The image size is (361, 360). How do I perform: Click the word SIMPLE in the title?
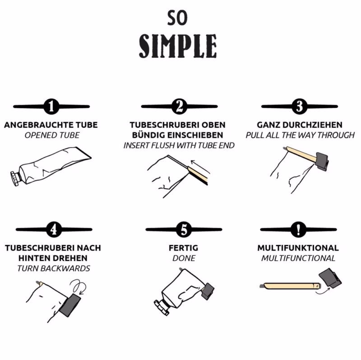[x=178, y=46]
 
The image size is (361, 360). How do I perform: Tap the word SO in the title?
[x=177, y=18]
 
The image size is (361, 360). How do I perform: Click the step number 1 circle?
[x=51, y=106]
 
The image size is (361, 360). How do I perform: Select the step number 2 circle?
[x=179, y=106]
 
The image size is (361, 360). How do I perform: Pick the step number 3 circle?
[x=300, y=106]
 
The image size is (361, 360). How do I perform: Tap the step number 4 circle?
[x=54, y=230]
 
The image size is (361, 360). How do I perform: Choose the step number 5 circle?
[x=184, y=230]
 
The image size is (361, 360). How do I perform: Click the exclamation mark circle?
[x=299, y=230]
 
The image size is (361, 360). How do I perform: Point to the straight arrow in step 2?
[x=200, y=166]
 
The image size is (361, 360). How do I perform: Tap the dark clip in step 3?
[x=322, y=162]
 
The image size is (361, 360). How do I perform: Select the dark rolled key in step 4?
[x=70, y=305]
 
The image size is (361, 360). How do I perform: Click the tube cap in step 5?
[x=162, y=308]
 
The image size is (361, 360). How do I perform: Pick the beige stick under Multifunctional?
[x=291, y=286]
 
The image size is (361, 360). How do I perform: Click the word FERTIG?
[x=183, y=248]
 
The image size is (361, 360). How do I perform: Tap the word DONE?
[x=184, y=258]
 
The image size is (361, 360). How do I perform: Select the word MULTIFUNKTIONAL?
[x=298, y=248]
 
